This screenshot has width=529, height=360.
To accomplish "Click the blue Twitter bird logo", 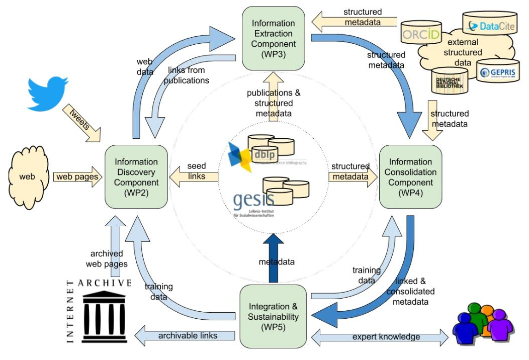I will (47, 95).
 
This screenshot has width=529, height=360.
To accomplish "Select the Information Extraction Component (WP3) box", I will (273, 38).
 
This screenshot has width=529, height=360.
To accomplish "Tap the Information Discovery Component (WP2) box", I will (136, 176).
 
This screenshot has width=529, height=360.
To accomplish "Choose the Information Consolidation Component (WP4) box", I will (410, 176).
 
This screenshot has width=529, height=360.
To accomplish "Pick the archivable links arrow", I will (186, 335).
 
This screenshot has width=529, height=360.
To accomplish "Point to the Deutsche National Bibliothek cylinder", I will (450, 80).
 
